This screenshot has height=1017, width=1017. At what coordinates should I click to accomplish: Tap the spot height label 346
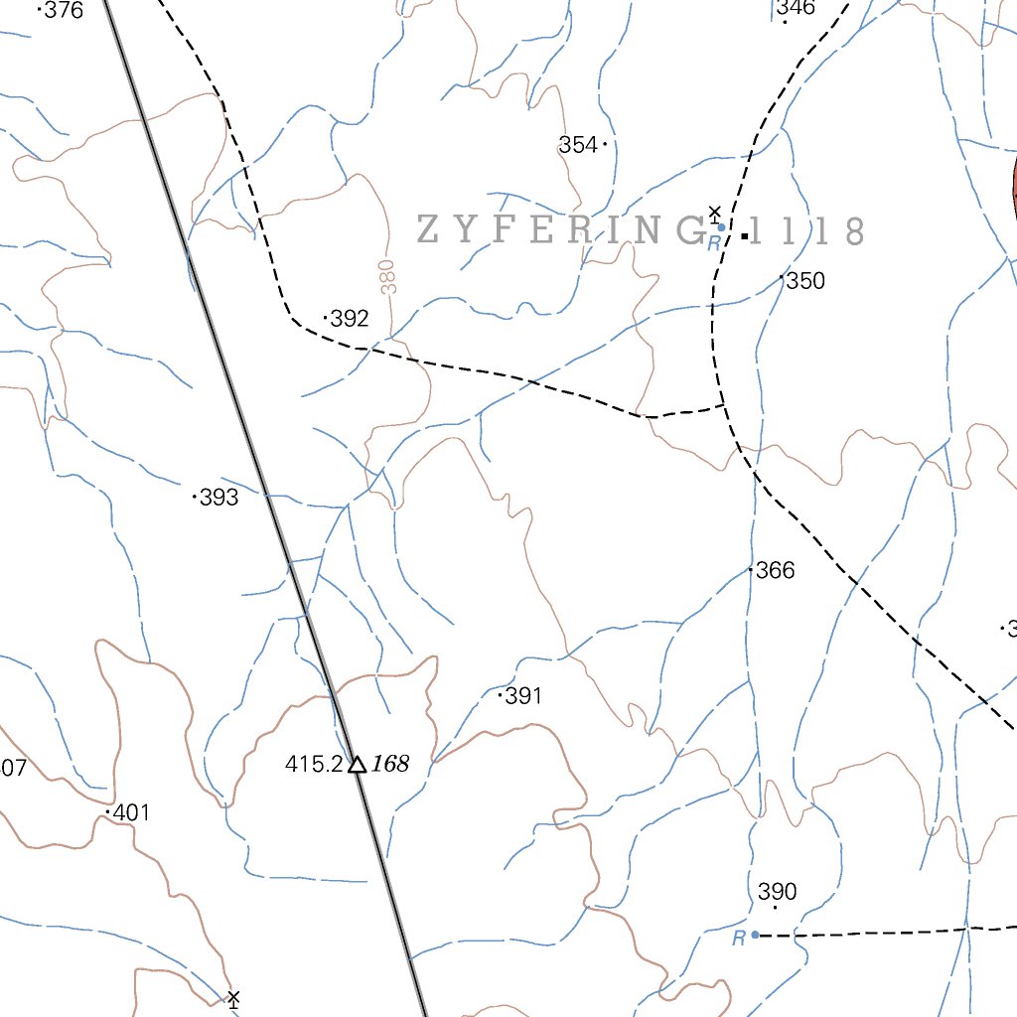click(x=797, y=9)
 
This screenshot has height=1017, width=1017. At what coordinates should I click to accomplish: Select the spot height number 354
click(x=578, y=145)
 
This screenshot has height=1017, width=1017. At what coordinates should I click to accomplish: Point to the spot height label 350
click(x=805, y=281)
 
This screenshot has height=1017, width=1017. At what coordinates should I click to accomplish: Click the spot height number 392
click(x=350, y=319)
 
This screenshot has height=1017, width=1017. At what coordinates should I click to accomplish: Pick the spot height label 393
click(x=219, y=498)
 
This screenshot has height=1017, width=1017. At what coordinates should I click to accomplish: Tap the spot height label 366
click(x=776, y=570)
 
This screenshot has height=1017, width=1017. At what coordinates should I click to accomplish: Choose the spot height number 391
click(x=524, y=696)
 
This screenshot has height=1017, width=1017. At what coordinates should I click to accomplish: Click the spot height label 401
click(x=131, y=813)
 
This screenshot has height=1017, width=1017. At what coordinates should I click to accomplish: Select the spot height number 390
click(x=777, y=891)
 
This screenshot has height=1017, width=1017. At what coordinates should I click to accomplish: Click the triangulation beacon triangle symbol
click(x=357, y=764)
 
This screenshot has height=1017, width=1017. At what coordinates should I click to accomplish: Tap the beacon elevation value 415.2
click(x=314, y=764)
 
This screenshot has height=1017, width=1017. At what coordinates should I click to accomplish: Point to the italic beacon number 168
click(x=391, y=764)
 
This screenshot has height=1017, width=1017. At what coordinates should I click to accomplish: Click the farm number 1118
click(x=806, y=231)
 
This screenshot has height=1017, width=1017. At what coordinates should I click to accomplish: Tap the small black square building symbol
click(x=745, y=235)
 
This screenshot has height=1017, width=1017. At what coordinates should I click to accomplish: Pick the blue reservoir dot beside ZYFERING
click(x=722, y=227)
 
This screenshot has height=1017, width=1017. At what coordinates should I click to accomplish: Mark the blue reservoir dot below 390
click(x=756, y=935)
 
